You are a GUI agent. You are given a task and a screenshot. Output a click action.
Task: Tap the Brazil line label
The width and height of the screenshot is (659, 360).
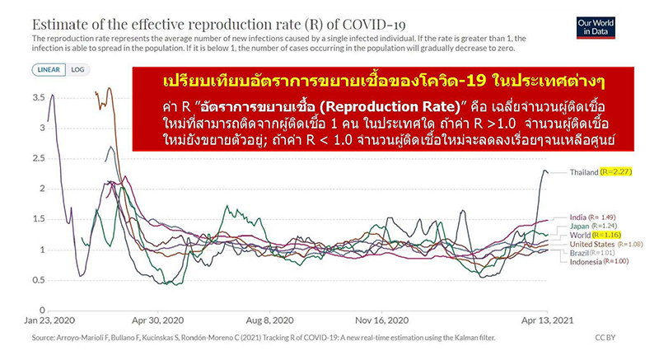580,253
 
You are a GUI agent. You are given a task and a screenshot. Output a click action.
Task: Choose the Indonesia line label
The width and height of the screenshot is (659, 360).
588,263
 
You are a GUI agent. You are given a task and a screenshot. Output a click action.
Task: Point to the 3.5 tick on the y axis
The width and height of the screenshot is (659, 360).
40,97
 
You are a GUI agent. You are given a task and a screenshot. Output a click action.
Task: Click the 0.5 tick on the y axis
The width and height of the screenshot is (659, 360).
40,280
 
